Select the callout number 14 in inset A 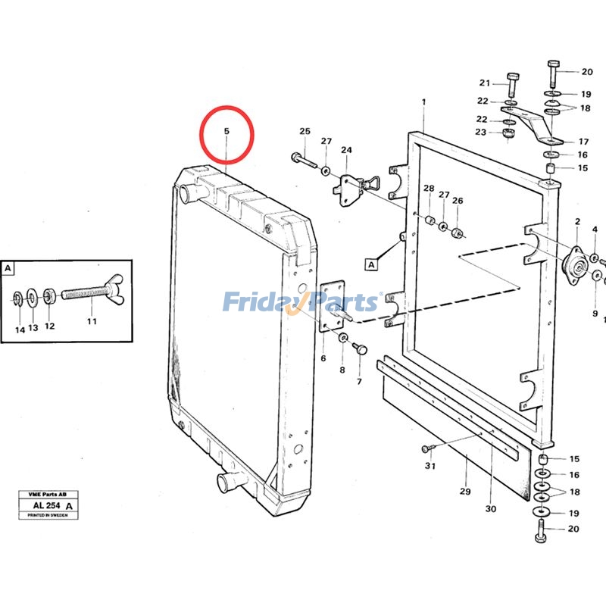tap(20, 330)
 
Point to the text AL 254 tap(46, 505)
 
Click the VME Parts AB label tap(48, 495)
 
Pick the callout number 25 tap(305, 131)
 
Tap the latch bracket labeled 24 tap(355, 189)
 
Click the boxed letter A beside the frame tap(371, 265)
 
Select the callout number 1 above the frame tap(423, 102)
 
